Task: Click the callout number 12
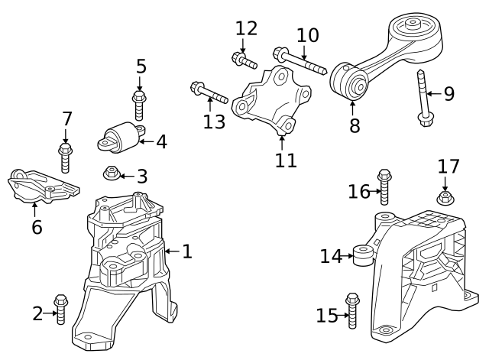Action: tap(246, 28)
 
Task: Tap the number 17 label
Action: tap(449, 167)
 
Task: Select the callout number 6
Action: tap(37, 227)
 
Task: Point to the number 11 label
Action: tap(286, 161)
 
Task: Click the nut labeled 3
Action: tap(110, 173)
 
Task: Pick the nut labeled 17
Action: tap(445, 198)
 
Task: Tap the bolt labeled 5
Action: tap(139, 105)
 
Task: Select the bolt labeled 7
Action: tap(65, 158)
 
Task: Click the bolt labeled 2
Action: tap(60, 309)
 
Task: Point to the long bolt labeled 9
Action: tap(423, 98)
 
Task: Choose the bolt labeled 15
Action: tap(352, 311)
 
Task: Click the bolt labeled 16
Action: tap(384, 187)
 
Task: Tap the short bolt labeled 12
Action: tap(244, 60)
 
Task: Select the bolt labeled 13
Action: tap(209, 92)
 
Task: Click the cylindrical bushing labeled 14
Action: tap(364, 255)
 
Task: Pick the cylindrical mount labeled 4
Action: tap(121, 138)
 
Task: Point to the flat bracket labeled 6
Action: tap(43, 186)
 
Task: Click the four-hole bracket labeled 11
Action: tap(271, 102)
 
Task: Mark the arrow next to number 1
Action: tap(172, 251)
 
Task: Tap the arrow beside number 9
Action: tap(434, 93)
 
